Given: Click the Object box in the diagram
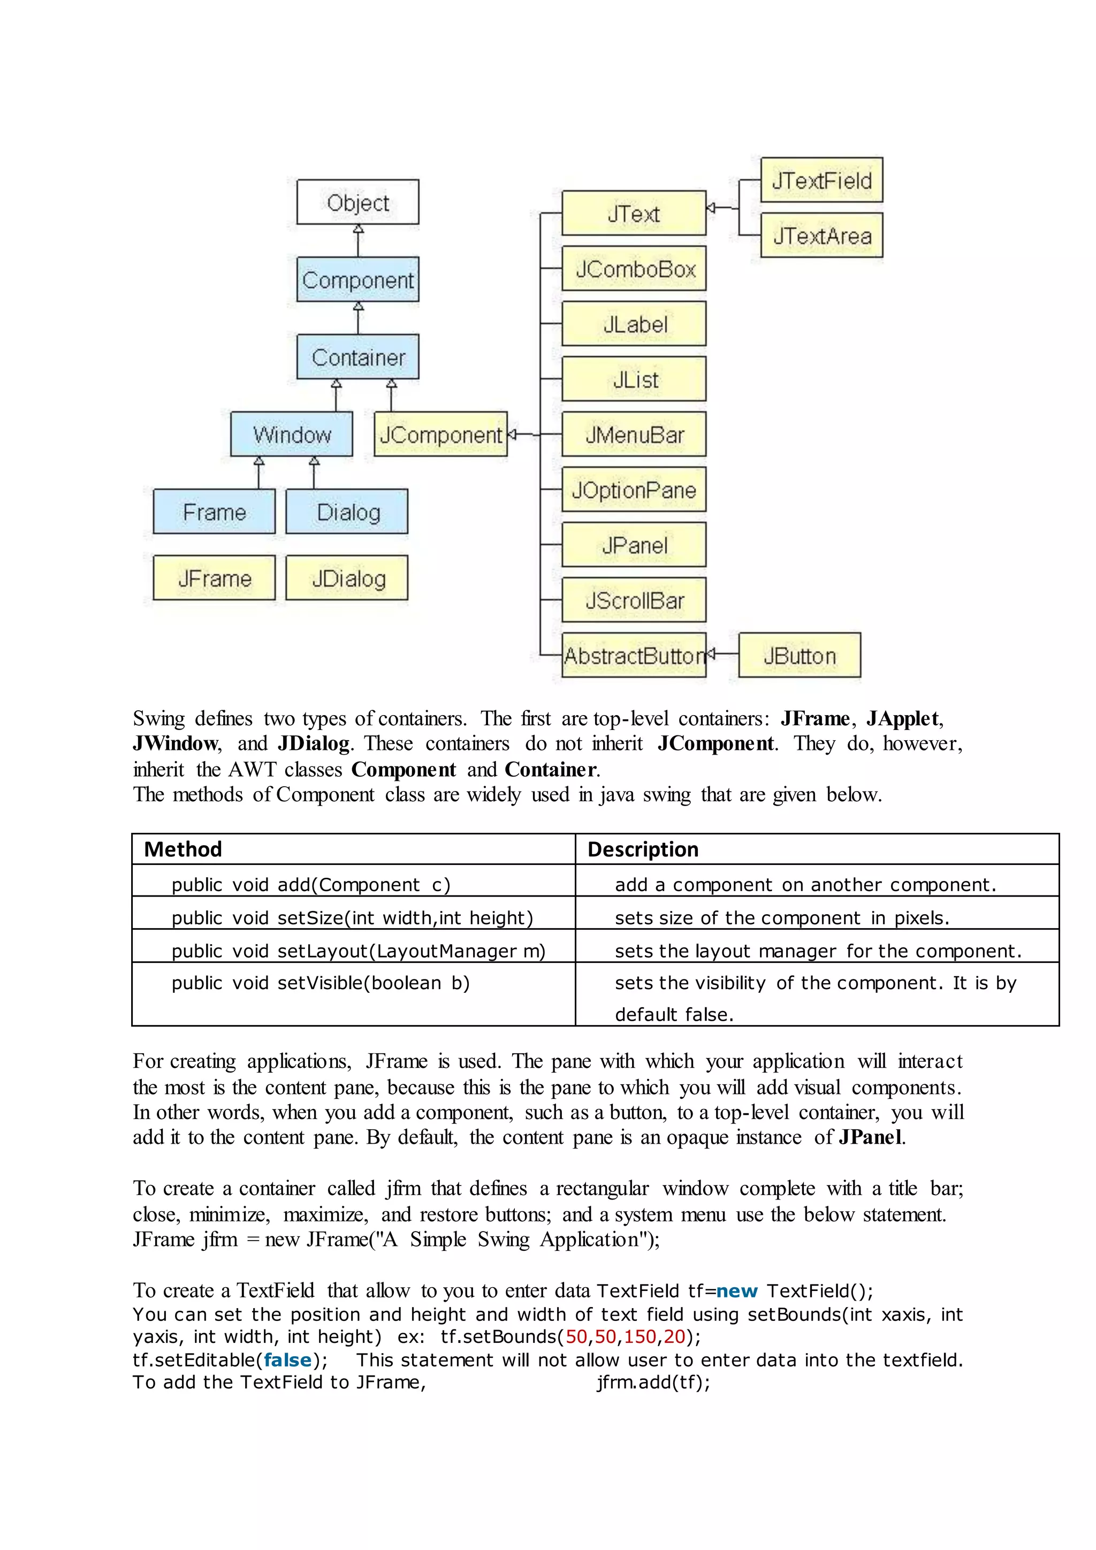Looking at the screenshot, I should [x=357, y=202].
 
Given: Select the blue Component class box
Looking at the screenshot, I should [x=357, y=279].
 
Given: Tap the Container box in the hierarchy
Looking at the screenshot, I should [x=357, y=356].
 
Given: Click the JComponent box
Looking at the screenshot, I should [x=440, y=434].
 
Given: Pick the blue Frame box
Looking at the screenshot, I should [x=214, y=512].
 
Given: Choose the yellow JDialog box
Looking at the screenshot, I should [x=347, y=578].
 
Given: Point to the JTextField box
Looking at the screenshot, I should [x=821, y=180].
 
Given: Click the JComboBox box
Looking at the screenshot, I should [x=634, y=269].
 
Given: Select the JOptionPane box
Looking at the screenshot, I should [x=634, y=489].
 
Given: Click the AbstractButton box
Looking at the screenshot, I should [x=634, y=655].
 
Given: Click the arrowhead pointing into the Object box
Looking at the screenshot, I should [x=359, y=230].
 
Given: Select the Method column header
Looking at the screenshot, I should [x=183, y=849].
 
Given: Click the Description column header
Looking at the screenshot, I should [x=643, y=849].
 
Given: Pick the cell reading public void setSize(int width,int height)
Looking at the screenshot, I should [x=352, y=917].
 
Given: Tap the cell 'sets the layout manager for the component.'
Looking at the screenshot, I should [x=818, y=951].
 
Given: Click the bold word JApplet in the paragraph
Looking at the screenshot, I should [x=903, y=718].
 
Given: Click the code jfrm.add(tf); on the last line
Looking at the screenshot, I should [x=653, y=1382].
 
